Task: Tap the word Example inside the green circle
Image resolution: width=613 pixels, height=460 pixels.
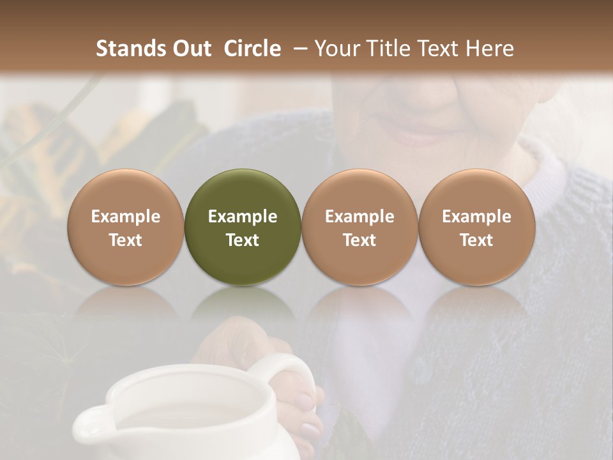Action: (243, 217)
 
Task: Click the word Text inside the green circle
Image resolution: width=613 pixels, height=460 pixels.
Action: (243, 240)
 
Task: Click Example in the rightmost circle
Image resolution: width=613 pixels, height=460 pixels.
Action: (477, 217)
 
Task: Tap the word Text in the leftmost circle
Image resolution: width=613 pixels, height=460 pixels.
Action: (125, 240)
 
